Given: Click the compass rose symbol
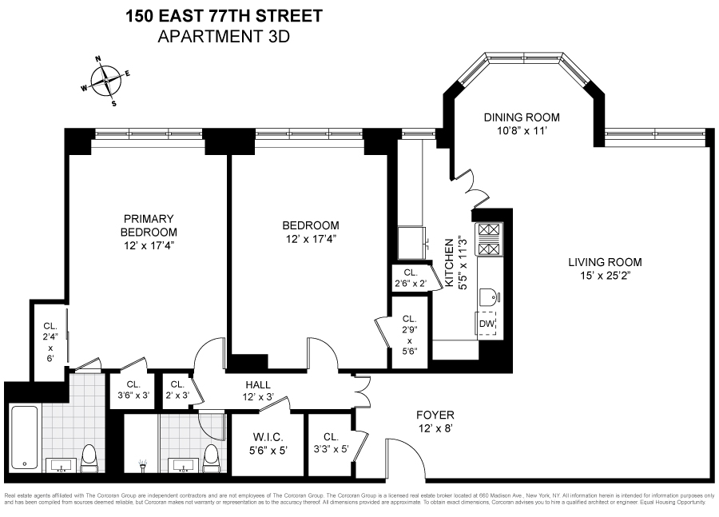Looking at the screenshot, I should (105, 81).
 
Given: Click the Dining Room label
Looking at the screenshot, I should (522, 117).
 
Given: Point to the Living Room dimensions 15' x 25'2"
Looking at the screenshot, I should (605, 276).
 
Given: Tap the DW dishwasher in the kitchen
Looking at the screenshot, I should (486, 324).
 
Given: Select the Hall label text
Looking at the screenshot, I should (257, 384).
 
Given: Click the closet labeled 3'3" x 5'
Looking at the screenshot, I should (331, 443).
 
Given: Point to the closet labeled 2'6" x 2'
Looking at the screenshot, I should (411, 278).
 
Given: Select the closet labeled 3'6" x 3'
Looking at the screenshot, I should (133, 389).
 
